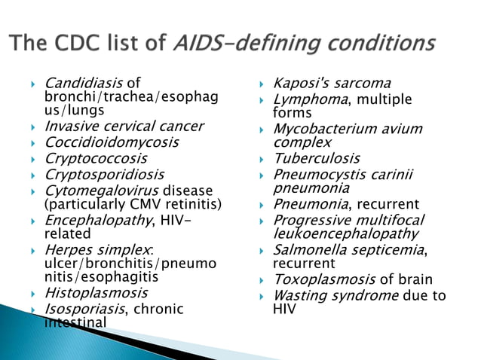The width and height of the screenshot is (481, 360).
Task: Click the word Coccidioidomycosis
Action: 112,142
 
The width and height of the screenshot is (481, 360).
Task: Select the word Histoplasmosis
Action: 97,292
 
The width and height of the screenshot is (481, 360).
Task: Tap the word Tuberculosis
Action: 316,158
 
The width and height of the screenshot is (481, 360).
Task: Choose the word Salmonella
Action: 311,249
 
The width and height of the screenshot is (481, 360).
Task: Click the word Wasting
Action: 301,295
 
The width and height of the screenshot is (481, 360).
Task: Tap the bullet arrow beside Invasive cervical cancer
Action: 33,127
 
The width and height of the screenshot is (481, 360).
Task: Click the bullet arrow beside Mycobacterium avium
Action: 261,130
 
